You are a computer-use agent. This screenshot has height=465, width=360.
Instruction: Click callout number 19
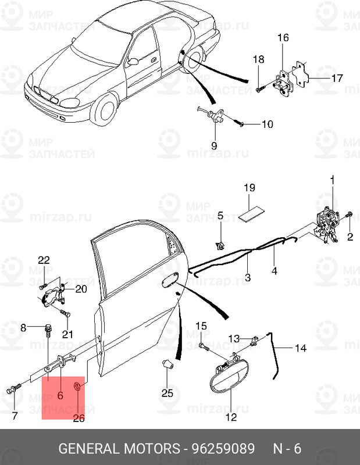tap(249, 188)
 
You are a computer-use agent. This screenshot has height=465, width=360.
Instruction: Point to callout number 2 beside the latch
tap(350, 237)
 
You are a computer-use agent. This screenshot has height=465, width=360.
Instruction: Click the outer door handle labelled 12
tap(228, 378)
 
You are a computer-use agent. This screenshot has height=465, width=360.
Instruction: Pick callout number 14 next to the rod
tap(300, 349)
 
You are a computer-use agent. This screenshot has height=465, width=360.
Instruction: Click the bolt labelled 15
tap(204, 346)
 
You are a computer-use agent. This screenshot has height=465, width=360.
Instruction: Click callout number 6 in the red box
tap(60, 395)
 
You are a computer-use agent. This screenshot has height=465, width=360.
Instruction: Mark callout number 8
tap(24, 328)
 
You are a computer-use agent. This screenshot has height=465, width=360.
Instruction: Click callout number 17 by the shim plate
tap(337, 78)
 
